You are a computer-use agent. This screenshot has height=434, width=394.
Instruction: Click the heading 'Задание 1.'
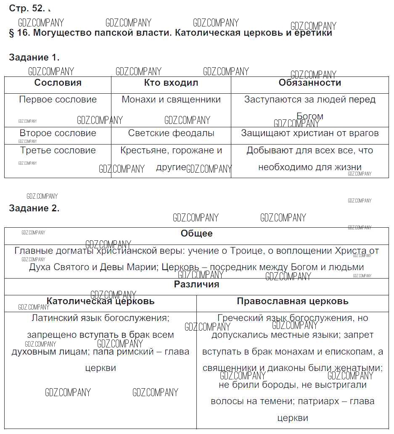click(34, 58)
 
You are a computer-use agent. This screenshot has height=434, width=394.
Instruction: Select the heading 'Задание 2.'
click(34, 208)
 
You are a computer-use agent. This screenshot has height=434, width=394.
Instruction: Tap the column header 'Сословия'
click(58, 83)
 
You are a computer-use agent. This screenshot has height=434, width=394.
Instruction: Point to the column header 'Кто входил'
click(171, 83)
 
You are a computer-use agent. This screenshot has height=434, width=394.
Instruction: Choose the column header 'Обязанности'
click(309, 83)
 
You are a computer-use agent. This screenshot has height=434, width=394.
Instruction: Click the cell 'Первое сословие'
click(58, 100)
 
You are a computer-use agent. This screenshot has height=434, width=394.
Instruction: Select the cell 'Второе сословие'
click(58, 133)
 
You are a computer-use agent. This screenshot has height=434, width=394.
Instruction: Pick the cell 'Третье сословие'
click(58, 150)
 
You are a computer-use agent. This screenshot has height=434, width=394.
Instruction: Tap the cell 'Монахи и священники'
click(171, 100)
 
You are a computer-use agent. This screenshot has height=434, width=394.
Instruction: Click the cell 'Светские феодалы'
click(171, 133)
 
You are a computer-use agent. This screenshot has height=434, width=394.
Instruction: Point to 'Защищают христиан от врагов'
click(309, 133)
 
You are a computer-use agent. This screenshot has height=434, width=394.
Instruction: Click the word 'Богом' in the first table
click(309, 116)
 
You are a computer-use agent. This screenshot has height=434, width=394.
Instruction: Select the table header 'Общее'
click(196, 234)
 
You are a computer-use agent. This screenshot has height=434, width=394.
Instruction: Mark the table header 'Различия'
click(196, 284)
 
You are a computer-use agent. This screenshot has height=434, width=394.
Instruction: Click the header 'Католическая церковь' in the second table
click(100, 301)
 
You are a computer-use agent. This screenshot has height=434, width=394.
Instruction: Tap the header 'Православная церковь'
click(292, 301)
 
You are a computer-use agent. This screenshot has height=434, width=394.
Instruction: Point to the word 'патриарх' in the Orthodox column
click(317, 401)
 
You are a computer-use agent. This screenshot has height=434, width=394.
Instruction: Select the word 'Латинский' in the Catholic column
click(51, 318)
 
